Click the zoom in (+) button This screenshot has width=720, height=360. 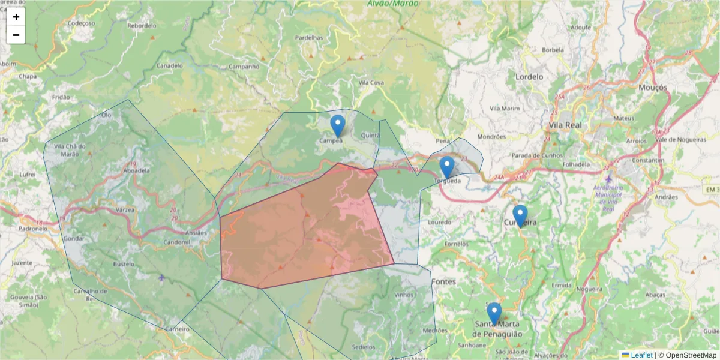coord(16,17)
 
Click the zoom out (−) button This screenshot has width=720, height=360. coord(16,35)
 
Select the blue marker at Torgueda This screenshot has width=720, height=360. coord(446,167)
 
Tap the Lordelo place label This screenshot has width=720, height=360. coord(529,77)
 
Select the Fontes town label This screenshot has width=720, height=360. coord(443,281)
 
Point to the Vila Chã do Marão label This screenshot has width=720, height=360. coord(70,149)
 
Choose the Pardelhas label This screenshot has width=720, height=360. coord(309,37)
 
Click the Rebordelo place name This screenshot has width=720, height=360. coord(142,26)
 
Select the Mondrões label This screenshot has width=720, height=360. coord(491,136)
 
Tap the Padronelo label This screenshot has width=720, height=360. coord(32,229)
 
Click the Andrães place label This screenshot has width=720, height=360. coord(666,196)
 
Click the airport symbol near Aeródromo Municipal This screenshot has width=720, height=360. coord(610,179)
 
